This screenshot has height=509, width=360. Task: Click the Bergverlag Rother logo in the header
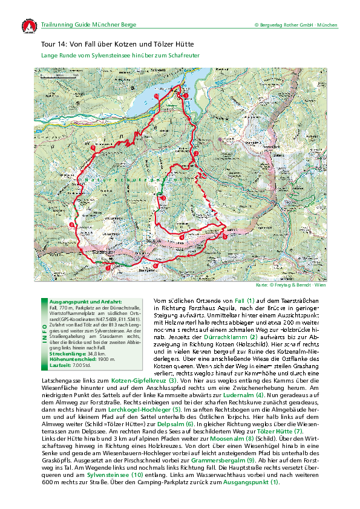[27, 26]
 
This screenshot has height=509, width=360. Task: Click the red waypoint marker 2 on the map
[195, 154]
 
